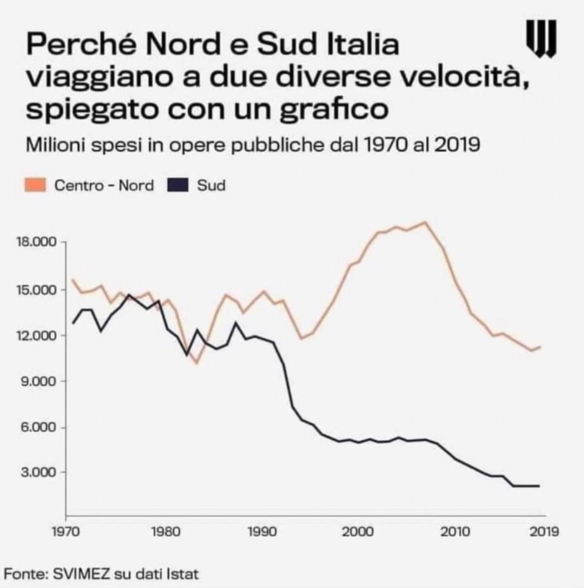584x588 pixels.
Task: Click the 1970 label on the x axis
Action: click(x=66, y=531)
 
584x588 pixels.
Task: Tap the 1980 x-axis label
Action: click(x=165, y=531)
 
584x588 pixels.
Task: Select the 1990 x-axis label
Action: click(x=262, y=531)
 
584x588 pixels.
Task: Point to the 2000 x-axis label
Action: click(x=358, y=531)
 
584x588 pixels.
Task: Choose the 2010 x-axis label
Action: click(x=454, y=531)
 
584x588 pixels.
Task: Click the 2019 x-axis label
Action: click(x=544, y=531)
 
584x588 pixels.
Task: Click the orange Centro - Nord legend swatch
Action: click(x=35, y=186)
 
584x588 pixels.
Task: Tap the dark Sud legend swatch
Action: click(x=178, y=186)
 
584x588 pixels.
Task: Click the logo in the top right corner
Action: click(x=541, y=38)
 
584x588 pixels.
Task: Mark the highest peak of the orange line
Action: click(x=425, y=222)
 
